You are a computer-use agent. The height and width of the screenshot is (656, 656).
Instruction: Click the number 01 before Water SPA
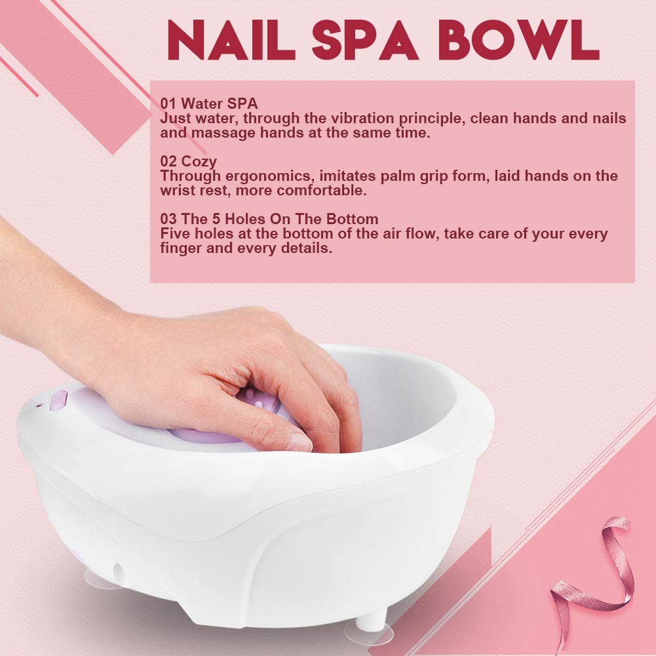[168, 104]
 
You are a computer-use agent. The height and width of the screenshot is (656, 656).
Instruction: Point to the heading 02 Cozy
[188, 161]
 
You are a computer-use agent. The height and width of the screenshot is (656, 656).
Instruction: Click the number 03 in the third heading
[168, 219]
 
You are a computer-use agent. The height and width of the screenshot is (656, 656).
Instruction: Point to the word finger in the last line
[180, 249]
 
